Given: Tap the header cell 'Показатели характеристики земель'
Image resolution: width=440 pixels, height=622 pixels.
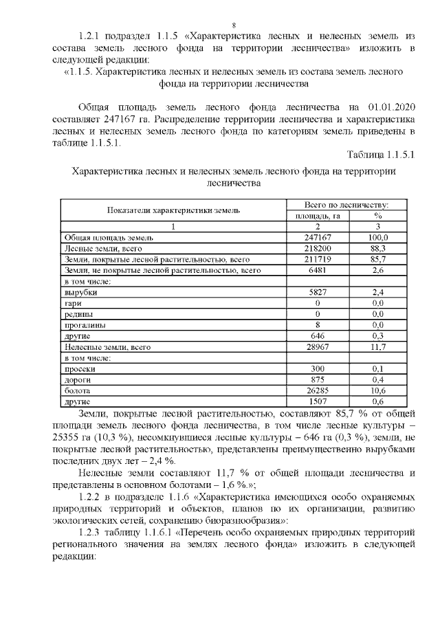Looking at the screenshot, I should (173, 210).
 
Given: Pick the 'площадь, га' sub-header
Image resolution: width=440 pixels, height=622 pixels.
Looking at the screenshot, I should (318, 215).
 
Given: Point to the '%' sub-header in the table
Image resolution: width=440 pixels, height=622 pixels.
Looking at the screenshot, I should (377, 215).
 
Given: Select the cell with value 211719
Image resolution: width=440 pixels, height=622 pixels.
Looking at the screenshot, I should (318, 259).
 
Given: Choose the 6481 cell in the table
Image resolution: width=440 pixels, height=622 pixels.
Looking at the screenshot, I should (318, 270).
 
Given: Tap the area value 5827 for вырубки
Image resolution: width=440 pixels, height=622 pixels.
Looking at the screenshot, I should (318, 292).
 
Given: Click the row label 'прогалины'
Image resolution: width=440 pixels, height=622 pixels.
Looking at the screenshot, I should (82, 325).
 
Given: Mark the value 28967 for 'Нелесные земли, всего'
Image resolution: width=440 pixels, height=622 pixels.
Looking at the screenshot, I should (318, 347).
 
